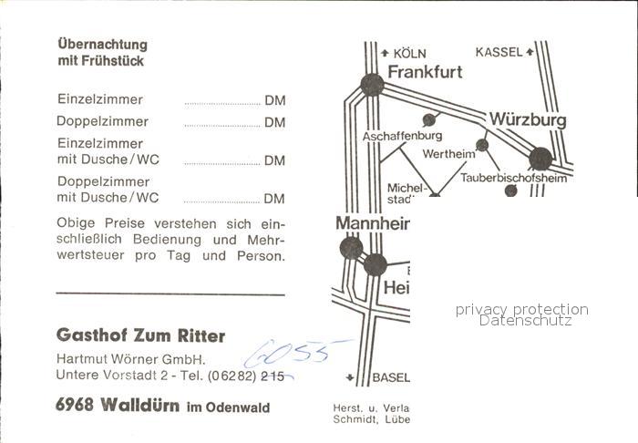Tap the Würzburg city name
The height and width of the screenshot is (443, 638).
point(528,119)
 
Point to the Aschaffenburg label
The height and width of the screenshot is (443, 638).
point(402,136)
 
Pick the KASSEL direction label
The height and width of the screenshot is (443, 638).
point(499,52)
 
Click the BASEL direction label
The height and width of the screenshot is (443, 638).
point(390,377)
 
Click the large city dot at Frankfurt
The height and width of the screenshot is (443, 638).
point(372,85)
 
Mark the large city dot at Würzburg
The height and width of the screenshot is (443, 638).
point(540,159)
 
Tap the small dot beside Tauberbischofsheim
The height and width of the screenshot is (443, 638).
point(510,191)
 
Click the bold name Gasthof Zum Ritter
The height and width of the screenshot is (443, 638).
point(140,335)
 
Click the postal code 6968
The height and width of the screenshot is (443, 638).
point(75,406)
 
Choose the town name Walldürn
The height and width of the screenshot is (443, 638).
point(139,406)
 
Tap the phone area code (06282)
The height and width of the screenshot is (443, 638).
point(232,375)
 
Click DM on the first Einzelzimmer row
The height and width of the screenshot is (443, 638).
point(274,100)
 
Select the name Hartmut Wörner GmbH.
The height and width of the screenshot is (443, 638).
point(130,358)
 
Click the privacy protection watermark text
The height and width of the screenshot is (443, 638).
point(521,310)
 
